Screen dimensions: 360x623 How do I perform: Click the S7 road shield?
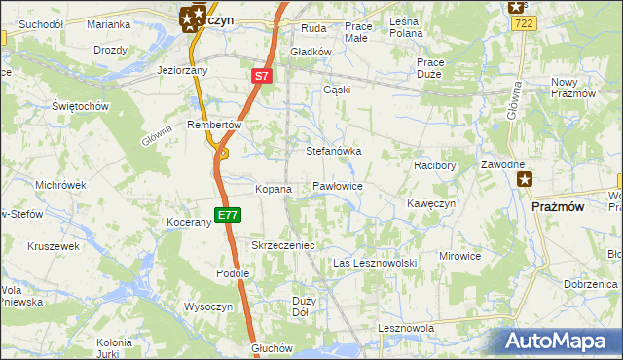coord(261,75)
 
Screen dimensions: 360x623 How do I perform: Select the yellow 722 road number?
coord(522,22)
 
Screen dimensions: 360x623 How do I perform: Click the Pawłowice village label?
coord(338,185)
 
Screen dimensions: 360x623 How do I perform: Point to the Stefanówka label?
coord(334,152)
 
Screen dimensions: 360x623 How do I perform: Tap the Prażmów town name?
coord(558,206)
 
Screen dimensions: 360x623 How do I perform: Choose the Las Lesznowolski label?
coord(375,264)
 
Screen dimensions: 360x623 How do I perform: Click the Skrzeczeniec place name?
coord(282,246)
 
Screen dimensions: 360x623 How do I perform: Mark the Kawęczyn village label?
coord(431,203)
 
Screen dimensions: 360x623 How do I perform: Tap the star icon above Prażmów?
coord(526,178)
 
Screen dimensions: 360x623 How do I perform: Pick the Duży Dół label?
coord(302,306)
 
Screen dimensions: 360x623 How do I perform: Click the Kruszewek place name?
coord(53,247)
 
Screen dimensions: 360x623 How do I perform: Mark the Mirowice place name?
coord(459,256)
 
